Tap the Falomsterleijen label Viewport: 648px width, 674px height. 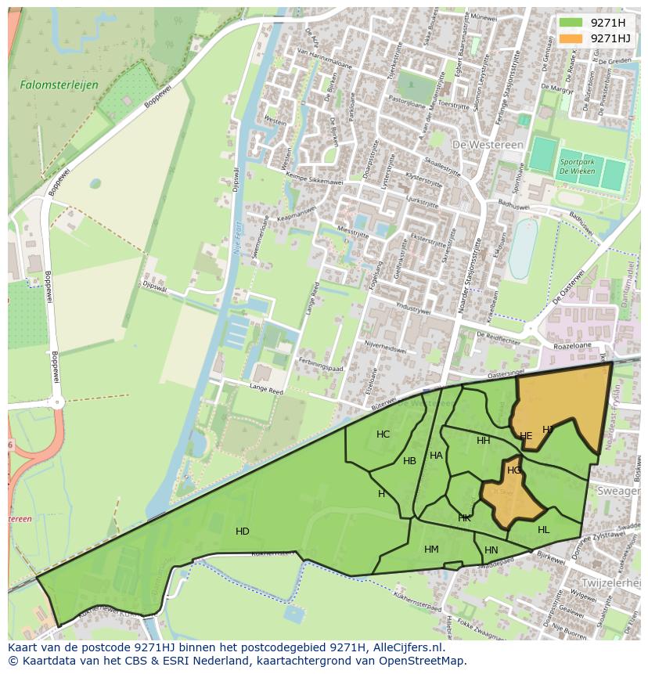click(x=48, y=83)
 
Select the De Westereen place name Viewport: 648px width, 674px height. click(x=482, y=145)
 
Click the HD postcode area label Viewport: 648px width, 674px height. click(x=243, y=532)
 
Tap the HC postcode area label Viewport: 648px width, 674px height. click(x=383, y=434)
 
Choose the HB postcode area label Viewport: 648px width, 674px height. click(x=409, y=461)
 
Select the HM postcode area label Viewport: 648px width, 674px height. click(x=431, y=550)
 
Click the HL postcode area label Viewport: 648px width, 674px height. click(x=544, y=530)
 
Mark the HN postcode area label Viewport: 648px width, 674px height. click(x=491, y=551)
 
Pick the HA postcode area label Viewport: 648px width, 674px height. click(x=436, y=456)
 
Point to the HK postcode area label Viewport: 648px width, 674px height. click(x=465, y=518)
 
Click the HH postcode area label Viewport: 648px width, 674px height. click(x=484, y=441)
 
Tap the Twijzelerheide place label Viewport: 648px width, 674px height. click(x=610, y=583)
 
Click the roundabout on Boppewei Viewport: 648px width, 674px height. click(x=56, y=403)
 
